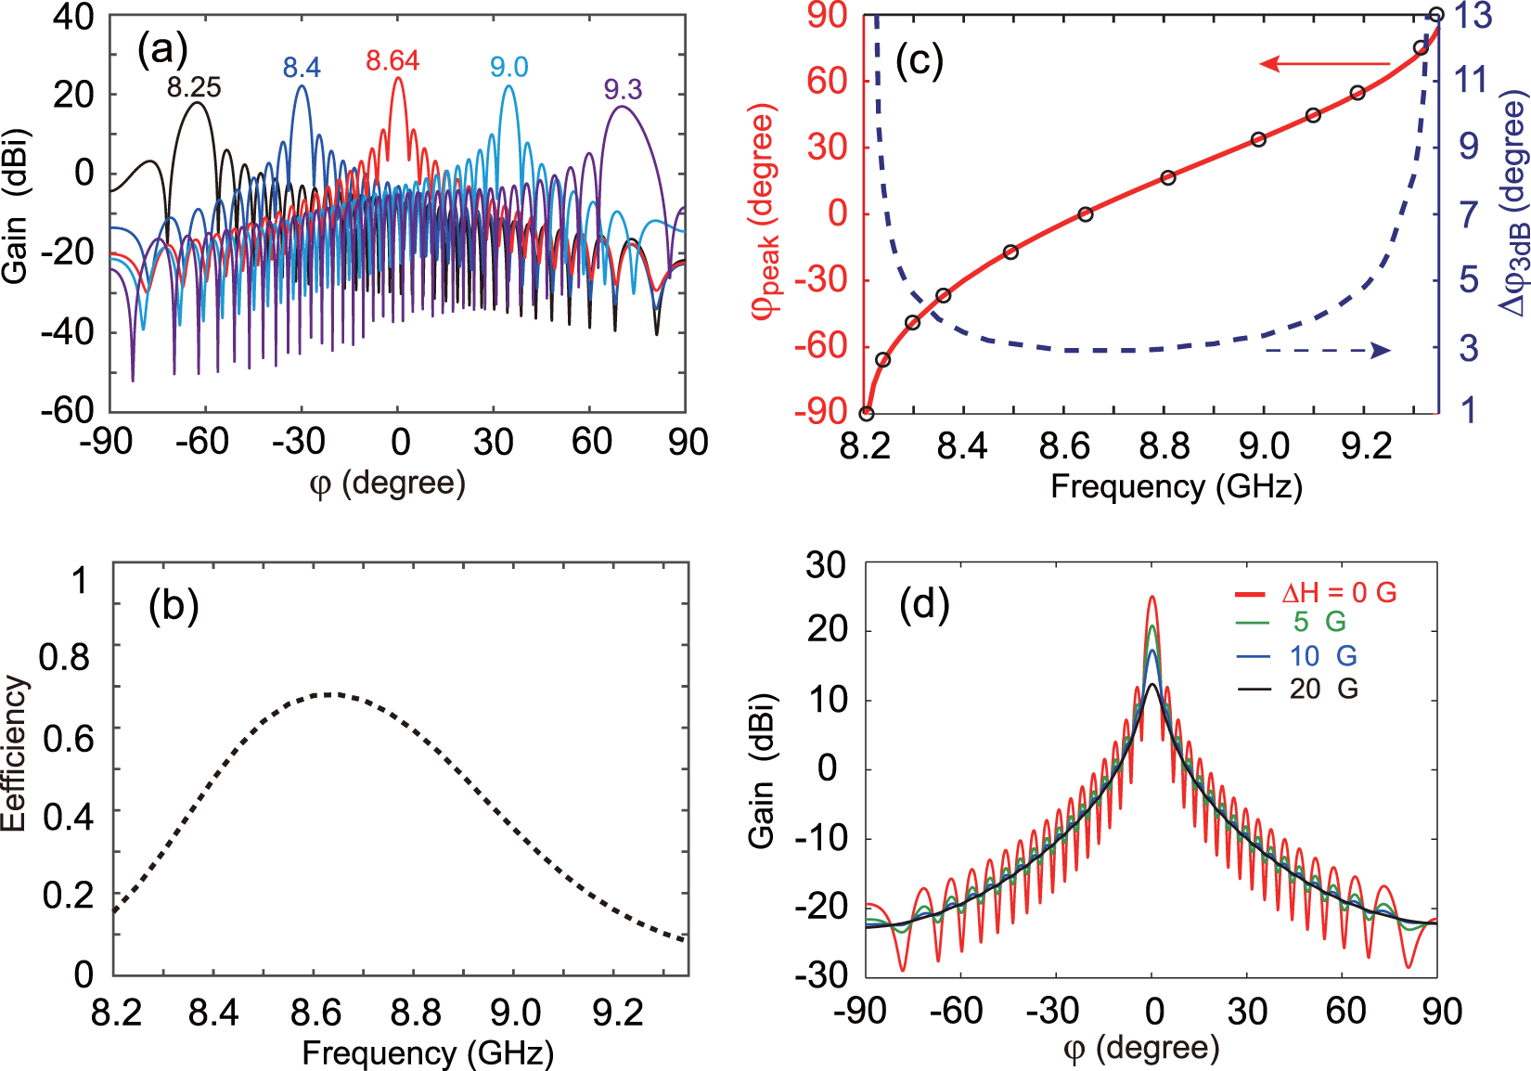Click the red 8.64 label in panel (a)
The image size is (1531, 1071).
click(392, 61)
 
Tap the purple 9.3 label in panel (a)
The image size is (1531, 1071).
click(622, 89)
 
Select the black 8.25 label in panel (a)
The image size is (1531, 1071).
click(194, 88)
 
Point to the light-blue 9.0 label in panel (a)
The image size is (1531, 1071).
click(508, 67)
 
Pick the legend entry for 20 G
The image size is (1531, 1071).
click(1322, 689)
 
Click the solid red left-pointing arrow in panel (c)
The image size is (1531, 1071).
click(1323, 64)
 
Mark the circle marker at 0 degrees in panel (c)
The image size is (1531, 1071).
click(1086, 214)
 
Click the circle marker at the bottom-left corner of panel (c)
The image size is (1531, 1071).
click(866, 413)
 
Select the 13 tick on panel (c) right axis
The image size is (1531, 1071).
click(1473, 16)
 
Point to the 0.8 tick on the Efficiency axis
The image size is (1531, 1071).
click(64, 657)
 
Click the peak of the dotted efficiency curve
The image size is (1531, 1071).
click(328, 693)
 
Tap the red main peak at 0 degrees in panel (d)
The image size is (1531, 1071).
click(1151, 599)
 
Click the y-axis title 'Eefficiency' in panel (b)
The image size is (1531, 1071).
click(15, 753)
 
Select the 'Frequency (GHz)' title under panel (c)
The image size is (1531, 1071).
click(1176, 486)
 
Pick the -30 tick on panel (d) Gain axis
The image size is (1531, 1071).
click(821, 974)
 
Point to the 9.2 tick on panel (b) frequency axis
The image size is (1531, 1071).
click(617, 1013)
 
